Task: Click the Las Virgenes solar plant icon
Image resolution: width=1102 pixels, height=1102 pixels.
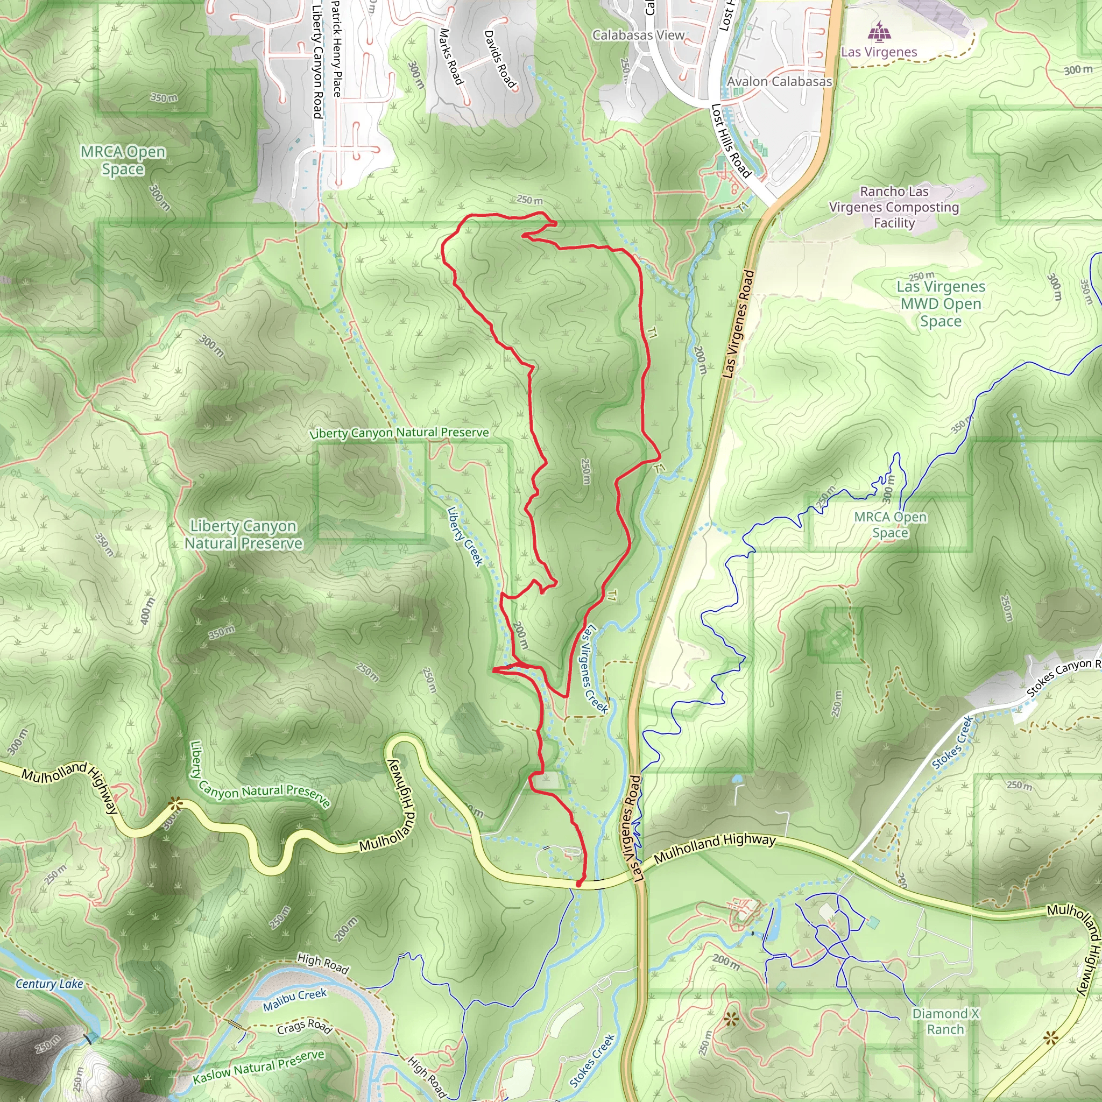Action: pos(880,32)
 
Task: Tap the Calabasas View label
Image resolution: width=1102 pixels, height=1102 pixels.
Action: pos(638,36)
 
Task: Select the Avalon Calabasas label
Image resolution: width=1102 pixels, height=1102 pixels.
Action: pos(779,82)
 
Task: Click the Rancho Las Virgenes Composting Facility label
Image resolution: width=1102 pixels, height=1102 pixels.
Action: pos(894,207)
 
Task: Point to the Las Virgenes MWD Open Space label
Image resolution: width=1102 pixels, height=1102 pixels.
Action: pos(941,303)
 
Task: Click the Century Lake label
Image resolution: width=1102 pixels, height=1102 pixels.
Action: pos(50,984)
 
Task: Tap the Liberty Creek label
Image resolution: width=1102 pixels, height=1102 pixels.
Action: pos(465,536)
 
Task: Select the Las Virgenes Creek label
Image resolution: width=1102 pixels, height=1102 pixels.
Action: pos(594,668)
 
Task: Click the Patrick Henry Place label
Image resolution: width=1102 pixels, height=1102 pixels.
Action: pos(336,48)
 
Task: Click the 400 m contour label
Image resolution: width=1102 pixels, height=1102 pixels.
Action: pos(147,610)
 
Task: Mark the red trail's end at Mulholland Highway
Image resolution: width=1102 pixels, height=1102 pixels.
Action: pos(579,884)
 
